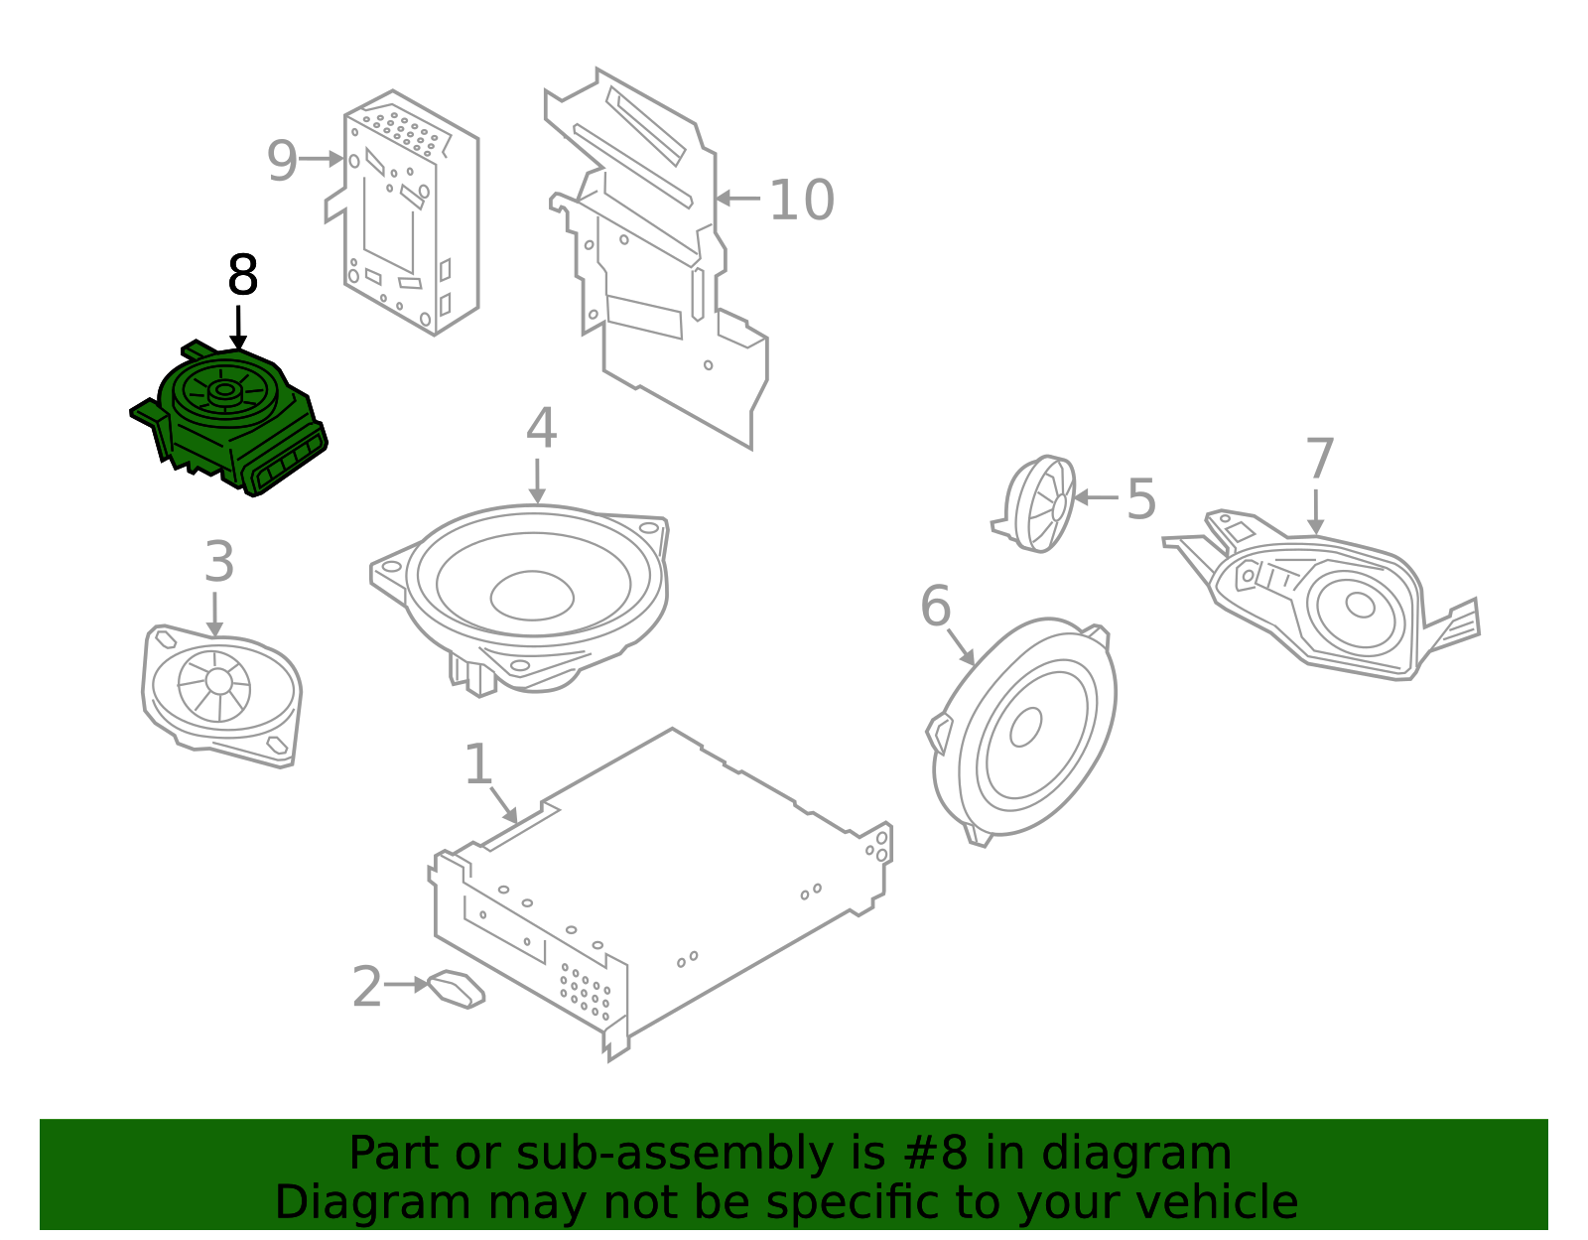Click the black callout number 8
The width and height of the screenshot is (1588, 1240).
[x=242, y=276]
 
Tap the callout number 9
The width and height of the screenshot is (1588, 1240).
[x=282, y=161]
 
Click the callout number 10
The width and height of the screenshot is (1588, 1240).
[x=801, y=201]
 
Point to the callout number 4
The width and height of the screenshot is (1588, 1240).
[x=541, y=429]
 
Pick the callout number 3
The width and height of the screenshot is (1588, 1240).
[x=218, y=563]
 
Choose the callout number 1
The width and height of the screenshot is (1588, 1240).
[x=477, y=765]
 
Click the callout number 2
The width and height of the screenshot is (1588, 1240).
[x=366, y=987]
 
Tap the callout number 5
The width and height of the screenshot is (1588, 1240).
[x=1141, y=499]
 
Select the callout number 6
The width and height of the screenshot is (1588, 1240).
[x=935, y=607]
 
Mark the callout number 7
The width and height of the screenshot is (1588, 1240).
[x=1319, y=460]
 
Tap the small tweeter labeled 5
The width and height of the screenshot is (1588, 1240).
[x=1040, y=503]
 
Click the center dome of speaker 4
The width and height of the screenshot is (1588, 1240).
[x=532, y=596]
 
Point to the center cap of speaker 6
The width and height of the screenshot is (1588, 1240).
[x=1025, y=727]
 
